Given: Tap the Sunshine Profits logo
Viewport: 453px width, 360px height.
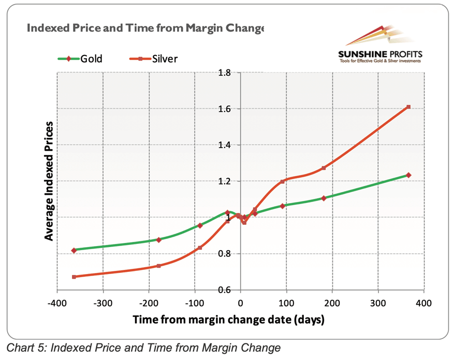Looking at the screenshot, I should [x=380, y=47].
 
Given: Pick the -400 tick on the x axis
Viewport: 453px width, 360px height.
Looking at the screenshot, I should [x=57, y=303].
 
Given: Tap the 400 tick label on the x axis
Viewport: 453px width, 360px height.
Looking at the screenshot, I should [x=424, y=303].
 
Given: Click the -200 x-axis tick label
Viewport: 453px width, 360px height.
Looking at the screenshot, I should [x=149, y=303].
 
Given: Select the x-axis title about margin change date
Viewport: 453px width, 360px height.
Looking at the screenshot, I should [x=228, y=319].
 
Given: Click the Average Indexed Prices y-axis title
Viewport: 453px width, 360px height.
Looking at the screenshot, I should [x=49, y=181].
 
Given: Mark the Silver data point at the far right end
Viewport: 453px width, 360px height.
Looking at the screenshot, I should [x=408, y=107].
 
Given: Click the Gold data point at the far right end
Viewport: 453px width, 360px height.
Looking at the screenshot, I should [x=408, y=175].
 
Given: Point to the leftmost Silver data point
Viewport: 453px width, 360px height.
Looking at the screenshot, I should [x=74, y=277].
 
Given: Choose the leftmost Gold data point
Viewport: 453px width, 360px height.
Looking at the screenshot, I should [x=74, y=250].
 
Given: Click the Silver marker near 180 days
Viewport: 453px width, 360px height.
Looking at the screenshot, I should [x=324, y=168].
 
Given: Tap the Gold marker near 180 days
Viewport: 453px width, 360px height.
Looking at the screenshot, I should [x=324, y=198].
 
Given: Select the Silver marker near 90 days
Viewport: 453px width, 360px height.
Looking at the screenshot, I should [x=282, y=181].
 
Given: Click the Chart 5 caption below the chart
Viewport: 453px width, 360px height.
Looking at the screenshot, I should [x=143, y=348].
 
